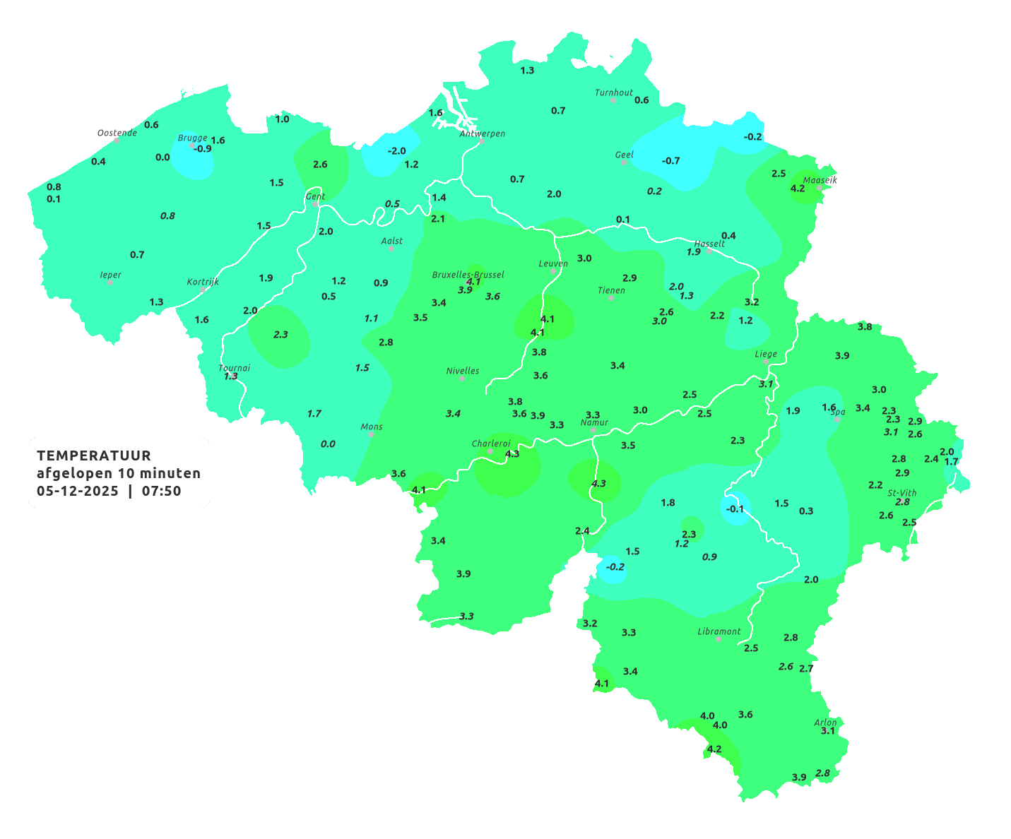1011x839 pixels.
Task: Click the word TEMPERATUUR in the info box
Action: (94, 456)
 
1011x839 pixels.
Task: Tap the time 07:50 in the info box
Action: (161, 491)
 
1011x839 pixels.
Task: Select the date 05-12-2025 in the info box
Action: (78, 491)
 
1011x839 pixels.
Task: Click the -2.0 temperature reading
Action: (397, 150)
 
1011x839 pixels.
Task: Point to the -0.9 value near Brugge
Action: (202, 148)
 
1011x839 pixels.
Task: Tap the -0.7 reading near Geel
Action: (670, 160)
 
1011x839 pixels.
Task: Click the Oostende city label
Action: (117, 132)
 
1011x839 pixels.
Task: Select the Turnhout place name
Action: (613, 93)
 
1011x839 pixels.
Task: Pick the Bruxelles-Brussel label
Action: (468, 274)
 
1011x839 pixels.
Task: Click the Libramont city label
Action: (719, 631)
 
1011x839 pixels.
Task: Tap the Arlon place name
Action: (824, 722)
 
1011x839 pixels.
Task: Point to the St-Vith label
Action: (901, 493)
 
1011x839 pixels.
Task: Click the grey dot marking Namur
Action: (593, 430)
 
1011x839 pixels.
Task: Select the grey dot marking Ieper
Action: (110, 282)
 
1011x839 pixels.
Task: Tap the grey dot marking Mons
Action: (371, 434)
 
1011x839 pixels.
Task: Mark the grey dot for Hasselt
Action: (709, 251)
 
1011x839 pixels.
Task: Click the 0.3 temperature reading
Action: (805, 511)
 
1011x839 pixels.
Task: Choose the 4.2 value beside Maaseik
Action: (797, 188)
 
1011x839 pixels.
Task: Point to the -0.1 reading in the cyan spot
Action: (735, 508)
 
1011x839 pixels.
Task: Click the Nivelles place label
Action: (462, 370)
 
